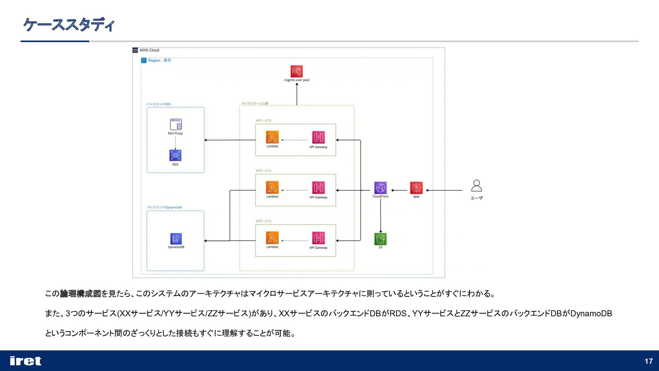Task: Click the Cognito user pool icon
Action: (297, 71)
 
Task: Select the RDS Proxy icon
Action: (175, 124)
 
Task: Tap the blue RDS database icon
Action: (175, 155)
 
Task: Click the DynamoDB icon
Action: (176, 239)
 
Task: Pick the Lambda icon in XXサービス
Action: (272, 137)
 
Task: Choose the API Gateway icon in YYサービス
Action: (318, 188)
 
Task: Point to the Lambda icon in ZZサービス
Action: (272, 238)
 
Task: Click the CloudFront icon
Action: (380, 188)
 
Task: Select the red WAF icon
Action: (416, 188)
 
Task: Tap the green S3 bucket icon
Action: (380, 239)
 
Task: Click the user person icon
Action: (476, 186)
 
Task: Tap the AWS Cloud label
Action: (149, 50)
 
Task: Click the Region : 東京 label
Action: (159, 60)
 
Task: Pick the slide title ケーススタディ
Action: (69, 25)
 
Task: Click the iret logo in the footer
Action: (26, 361)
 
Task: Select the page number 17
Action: (648, 361)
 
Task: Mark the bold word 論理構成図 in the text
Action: (80, 294)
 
